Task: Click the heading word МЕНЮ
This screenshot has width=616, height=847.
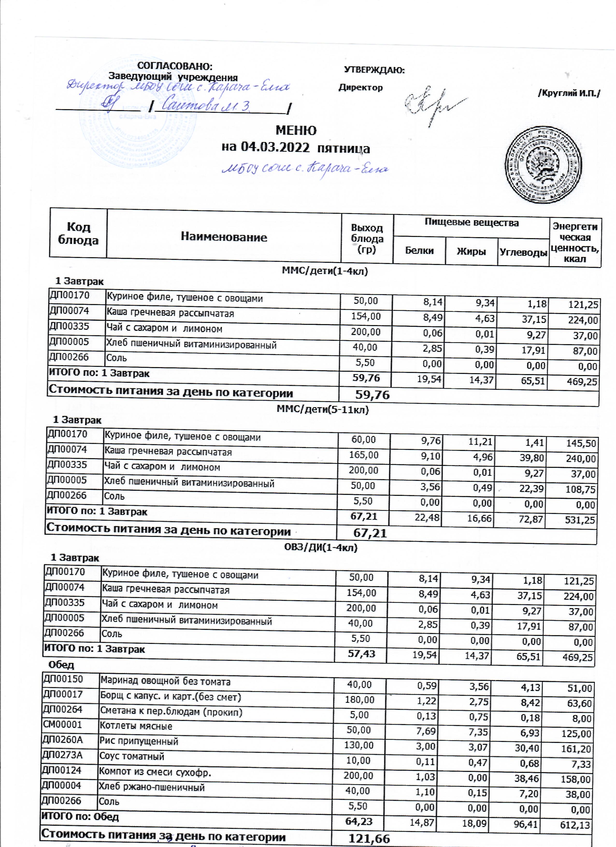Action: (296, 130)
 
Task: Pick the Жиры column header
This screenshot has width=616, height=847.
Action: (471, 251)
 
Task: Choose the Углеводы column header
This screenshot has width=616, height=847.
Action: (523, 252)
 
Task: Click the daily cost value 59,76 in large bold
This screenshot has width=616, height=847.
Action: (372, 394)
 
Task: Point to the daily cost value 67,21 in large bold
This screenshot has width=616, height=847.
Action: (370, 533)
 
